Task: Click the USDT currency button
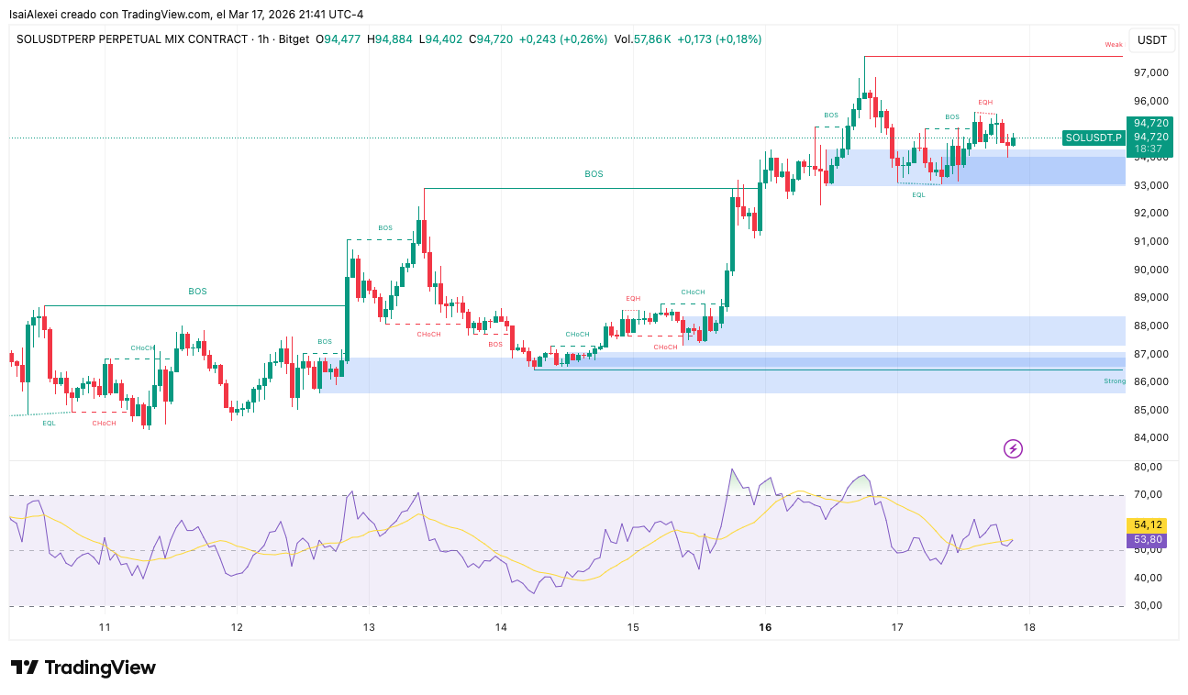(1151, 40)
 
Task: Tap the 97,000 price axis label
(1151, 72)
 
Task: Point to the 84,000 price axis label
(1151, 437)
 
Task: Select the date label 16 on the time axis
(765, 627)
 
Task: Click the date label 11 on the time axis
(105, 627)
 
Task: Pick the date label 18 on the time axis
(1029, 627)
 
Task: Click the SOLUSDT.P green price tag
(1094, 138)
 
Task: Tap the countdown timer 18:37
(1149, 149)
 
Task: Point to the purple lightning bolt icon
(1013, 448)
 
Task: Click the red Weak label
(1113, 44)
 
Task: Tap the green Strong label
(1114, 381)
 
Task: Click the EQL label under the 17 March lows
(918, 194)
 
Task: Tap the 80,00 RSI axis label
(1149, 467)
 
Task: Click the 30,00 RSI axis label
(1149, 605)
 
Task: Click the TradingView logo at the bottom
(83, 667)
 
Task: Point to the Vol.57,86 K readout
(642, 39)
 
